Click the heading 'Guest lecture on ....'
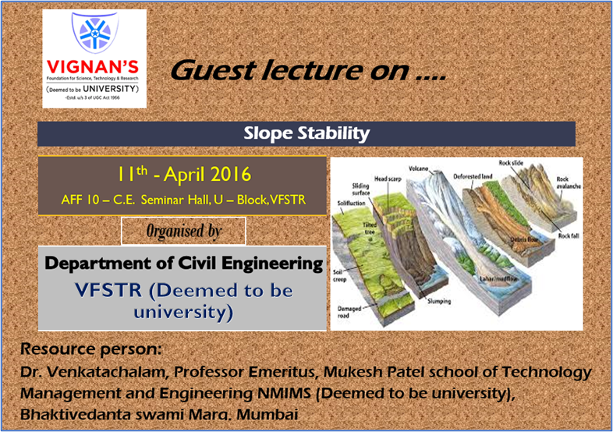click(x=308, y=71)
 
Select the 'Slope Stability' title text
click(x=306, y=133)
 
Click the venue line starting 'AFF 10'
click(x=182, y=200)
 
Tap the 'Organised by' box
click(x=183, y=232)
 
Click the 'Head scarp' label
click(x=388, y=179)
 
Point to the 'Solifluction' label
click(x=350, y=202)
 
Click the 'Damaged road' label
click(x=349, y=312)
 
